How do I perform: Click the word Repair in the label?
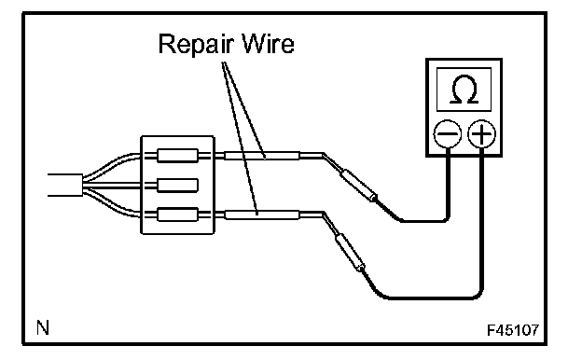click(x=197, y=45)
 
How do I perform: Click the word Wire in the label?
click(x=268, y=44)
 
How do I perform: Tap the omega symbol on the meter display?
click(x=464, y=90)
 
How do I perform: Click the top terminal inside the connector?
click(x=177, y=156)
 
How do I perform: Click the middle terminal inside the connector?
click(x=177, y=186)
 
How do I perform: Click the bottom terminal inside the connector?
click(x=177, y=215)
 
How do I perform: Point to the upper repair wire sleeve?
click(x=262, y=156)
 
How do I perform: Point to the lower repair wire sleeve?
click(x=262, y=215)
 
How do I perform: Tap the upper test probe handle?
click(x=359, y=186)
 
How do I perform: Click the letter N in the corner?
click(x=43, y=327)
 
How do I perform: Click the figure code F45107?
click(x=513, y=330)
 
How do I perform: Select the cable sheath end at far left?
click(x=65, y=186)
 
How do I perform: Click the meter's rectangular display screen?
click(x=464, y=90)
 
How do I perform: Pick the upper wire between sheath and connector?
click(x=111, y=165)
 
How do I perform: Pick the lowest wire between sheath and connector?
click(x=111, y=203)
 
